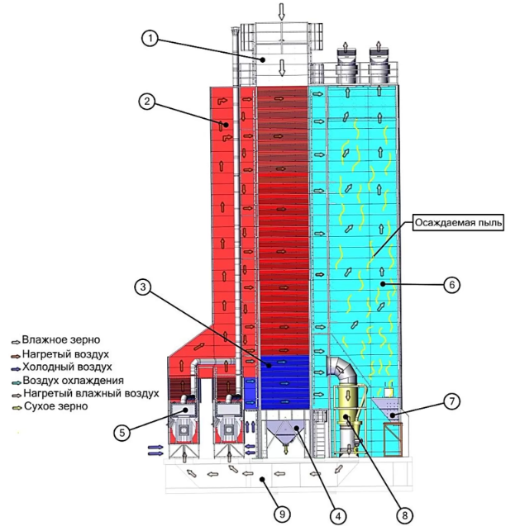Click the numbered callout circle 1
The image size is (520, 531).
[149, 38]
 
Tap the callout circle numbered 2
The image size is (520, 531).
[146, 102]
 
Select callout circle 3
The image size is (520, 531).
[143, 287]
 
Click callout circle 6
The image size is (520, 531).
[451, 284]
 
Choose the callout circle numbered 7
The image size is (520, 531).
[451, 401]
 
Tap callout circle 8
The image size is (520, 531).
[403, 514]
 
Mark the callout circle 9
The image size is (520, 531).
[282, 514]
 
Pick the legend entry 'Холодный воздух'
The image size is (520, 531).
[67, 367]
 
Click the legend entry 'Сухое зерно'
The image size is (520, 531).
[57, 406]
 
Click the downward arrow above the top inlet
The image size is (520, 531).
[281, 11]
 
